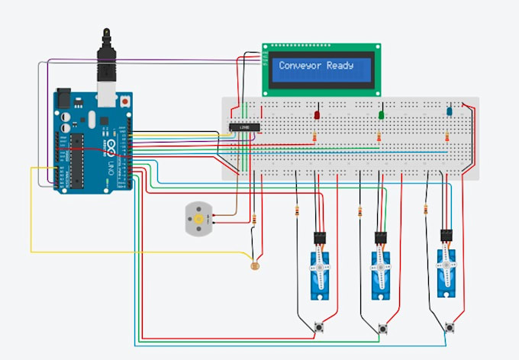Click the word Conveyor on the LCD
pos(301,66)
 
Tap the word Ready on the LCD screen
pos(340,66)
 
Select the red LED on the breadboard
pos(316,114)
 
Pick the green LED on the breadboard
pos(381,115)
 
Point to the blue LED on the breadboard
pos(450,111)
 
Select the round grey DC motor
pos(198,219)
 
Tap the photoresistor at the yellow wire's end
pos(254,265)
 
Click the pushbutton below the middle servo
pos(382,329)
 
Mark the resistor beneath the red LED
pos(315,137)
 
